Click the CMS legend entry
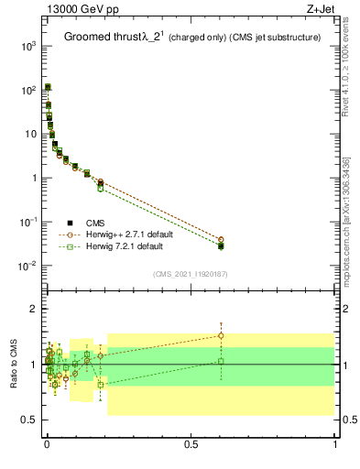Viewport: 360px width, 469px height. tap(95, 223)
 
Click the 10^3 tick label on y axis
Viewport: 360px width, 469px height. tap(29, 46)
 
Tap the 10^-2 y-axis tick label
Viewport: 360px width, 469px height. tap(29, 267)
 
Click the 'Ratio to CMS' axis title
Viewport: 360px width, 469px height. tap(15, 364)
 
